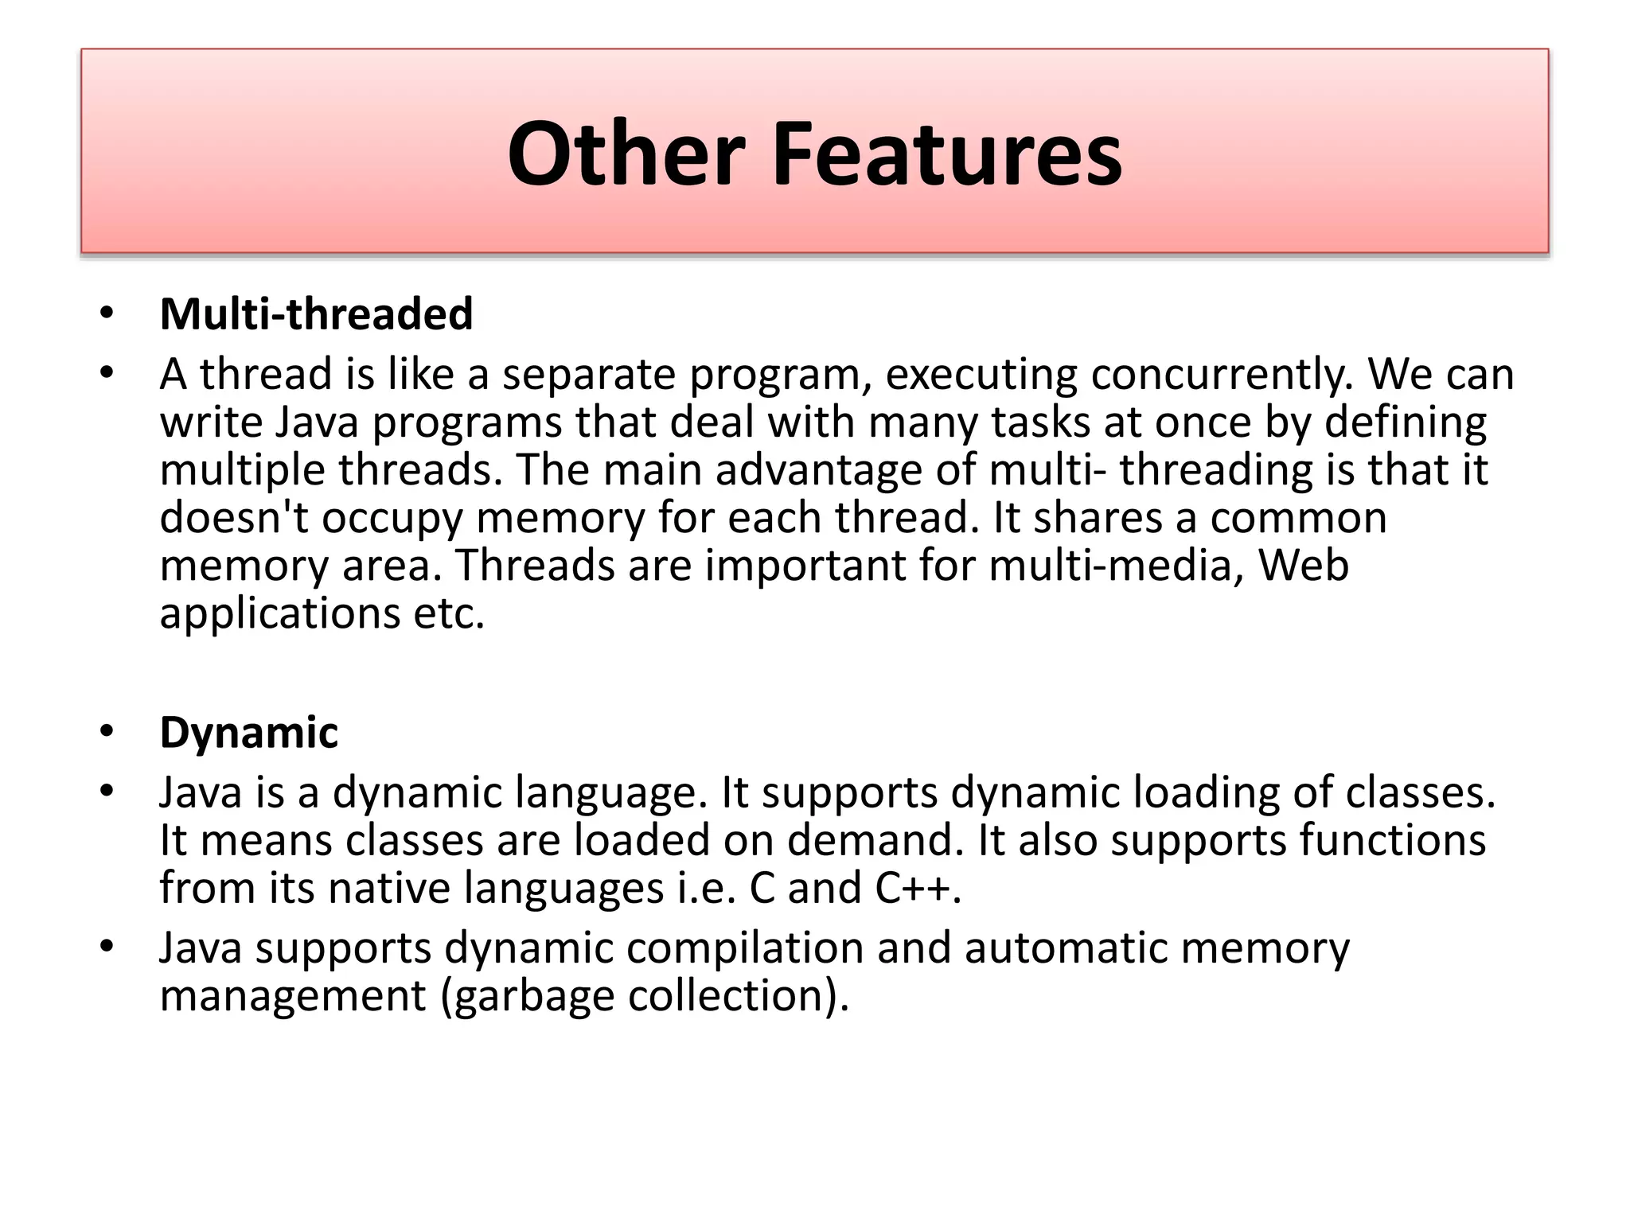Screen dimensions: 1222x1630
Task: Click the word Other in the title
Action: click(x=626, y=154)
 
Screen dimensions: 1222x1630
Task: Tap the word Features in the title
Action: click(x=946, y=154)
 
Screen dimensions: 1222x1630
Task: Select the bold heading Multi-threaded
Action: click(x=316, y=313)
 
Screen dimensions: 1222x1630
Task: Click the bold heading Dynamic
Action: click(x=248, y=732)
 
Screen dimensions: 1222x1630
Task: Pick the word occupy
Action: click(x=392, y=519)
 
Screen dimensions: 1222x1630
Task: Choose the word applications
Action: click(x=279, y=613)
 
